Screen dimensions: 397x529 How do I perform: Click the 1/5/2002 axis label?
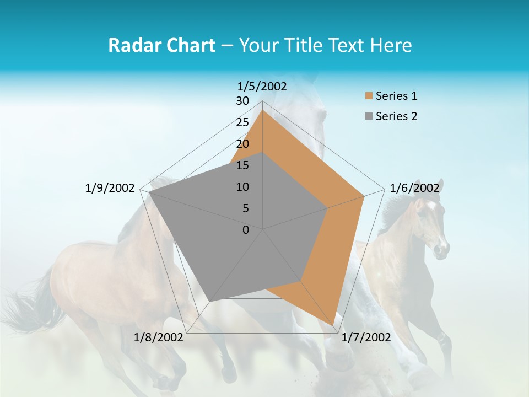[262, 86]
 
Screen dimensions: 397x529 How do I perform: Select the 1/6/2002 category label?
[414, 188]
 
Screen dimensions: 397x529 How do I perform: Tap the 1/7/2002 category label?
[366, 337]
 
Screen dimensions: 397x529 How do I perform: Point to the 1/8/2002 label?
[159, 337]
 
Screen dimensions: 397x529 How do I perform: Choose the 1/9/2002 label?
[110, 188]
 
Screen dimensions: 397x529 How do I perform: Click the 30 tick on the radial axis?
[242, 101]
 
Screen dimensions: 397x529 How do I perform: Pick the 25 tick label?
[242, 122]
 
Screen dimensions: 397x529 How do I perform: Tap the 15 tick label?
[242, 165]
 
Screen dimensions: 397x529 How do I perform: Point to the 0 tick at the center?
[246, 230]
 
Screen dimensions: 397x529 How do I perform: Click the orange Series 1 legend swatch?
[369, 96]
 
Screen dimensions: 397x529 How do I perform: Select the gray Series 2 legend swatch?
[369, 116]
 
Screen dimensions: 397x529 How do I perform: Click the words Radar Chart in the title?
[161, 45]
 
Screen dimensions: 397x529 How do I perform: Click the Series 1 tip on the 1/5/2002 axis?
[263, 110]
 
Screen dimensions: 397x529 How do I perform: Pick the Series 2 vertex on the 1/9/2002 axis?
[149, 192]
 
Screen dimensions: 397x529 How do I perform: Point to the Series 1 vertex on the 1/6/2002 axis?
[364, 196]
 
